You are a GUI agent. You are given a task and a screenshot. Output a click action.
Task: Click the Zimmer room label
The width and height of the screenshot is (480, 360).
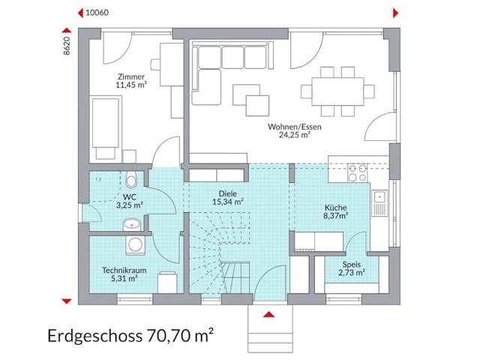pyautogui.click(x=130, y=76)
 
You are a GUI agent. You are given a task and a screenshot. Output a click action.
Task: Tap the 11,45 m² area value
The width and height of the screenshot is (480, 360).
pyautogui.click(x=130, y=85)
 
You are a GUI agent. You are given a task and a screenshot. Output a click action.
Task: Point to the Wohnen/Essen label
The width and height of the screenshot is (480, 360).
pyautogui.click(x=294, y=127)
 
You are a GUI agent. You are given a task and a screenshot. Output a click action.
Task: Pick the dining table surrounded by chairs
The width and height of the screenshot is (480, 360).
pyautogui.click(x=337, y=90)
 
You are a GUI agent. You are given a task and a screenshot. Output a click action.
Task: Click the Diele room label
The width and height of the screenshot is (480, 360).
pyautogui.click(x=227, y=192)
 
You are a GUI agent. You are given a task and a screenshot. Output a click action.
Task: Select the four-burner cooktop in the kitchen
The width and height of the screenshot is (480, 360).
pyautogui.click(x=357, y=173)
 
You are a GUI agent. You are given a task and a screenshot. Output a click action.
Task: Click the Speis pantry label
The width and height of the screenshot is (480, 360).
pyautogui.click(x=351, y=265)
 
